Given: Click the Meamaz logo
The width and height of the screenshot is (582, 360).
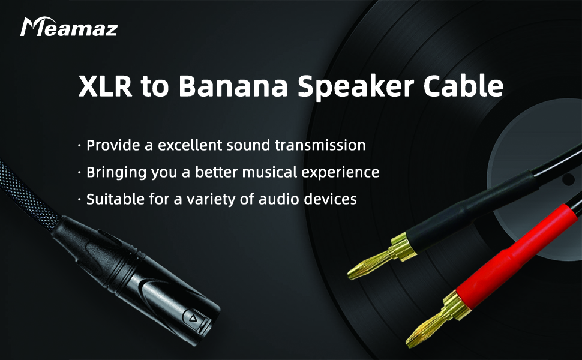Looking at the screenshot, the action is point(69,27).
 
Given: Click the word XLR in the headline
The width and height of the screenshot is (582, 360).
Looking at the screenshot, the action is point(105,86).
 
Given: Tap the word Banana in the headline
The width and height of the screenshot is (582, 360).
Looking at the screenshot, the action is point(233,86).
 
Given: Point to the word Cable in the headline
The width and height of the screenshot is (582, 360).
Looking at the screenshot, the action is point(463,86).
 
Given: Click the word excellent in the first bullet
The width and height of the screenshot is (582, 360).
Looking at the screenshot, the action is point(190,145).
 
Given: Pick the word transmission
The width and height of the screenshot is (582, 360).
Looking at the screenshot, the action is point(320,145).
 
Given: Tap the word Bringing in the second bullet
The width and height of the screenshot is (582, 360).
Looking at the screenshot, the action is point(116,173).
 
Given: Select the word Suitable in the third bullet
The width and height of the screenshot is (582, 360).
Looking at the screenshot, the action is point(115,199).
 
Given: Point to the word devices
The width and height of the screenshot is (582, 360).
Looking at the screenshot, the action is point(331,199).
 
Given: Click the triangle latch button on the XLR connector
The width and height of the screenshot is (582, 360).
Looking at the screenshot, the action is point(193,318).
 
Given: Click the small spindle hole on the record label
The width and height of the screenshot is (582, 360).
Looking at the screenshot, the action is point(568,179).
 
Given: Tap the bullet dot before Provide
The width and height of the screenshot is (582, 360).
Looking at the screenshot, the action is point(79,145).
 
